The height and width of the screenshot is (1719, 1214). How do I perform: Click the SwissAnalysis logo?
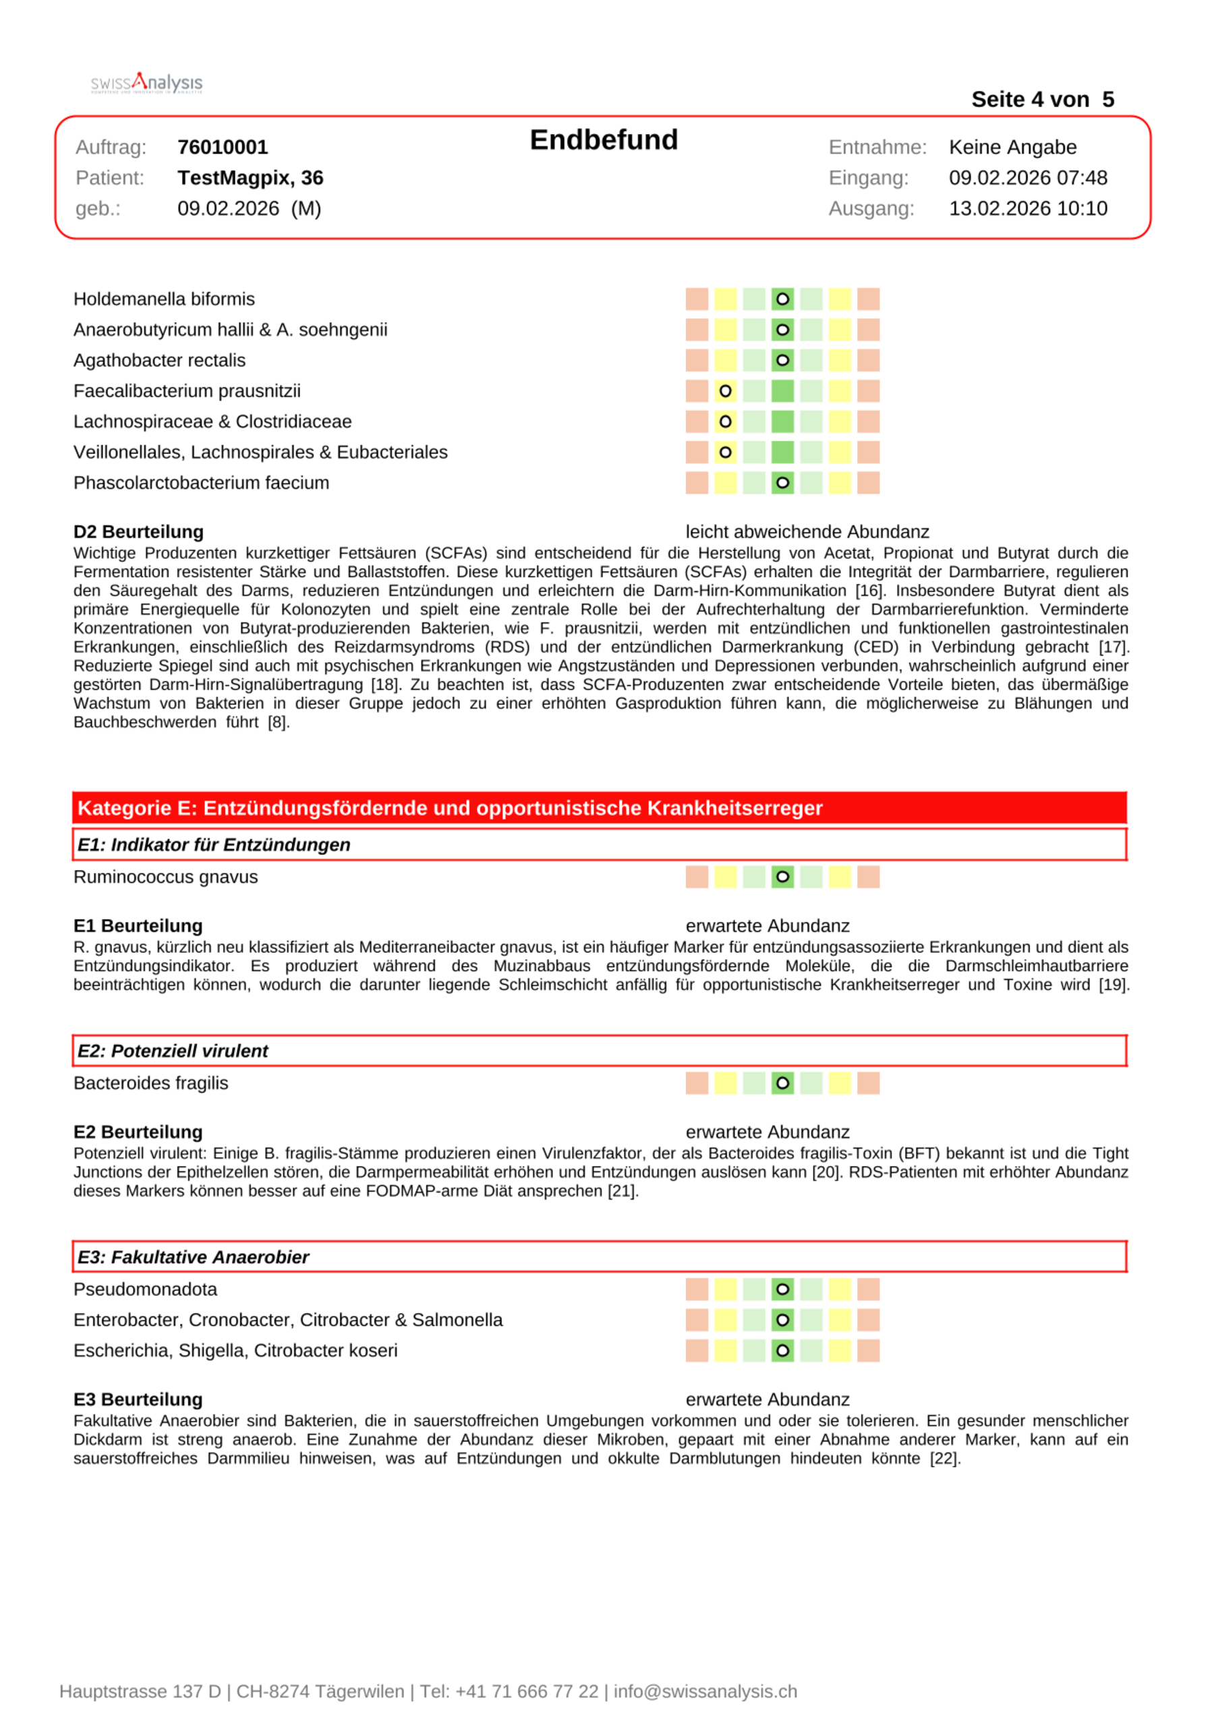(147, 82)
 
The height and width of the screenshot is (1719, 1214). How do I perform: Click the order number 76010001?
(223, 147)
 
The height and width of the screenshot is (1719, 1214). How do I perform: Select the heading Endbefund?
(604, 140)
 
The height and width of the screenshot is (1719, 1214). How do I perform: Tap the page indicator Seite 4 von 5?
(1042, 100)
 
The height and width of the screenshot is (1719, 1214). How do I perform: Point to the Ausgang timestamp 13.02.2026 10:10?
(1028, 208)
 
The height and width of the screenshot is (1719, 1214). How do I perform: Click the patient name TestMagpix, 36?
(250, 177)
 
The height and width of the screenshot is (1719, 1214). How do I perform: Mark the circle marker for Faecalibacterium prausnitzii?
(725, 391)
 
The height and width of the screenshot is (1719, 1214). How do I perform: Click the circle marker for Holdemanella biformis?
(782, 299)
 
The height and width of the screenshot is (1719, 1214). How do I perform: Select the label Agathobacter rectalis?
(160, 360)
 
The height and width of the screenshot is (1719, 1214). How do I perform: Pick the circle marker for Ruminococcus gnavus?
(782, 877)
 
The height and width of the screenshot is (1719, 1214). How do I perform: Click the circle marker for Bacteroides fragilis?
(782, 1082)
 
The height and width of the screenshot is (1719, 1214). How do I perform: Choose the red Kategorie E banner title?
(450, 808)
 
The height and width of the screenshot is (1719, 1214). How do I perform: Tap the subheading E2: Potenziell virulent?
(173, 1051)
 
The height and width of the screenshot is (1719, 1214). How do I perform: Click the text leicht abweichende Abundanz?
(807, 531)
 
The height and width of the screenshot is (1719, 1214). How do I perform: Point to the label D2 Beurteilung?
(138, 531)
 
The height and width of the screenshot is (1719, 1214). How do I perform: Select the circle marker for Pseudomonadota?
(782, 1289)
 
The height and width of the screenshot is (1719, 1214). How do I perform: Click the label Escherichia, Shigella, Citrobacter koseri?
(235, 1350)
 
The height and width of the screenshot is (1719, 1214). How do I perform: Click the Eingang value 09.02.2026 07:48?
(1028, 177)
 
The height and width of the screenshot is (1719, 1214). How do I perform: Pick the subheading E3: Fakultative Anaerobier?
(193, 1257)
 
